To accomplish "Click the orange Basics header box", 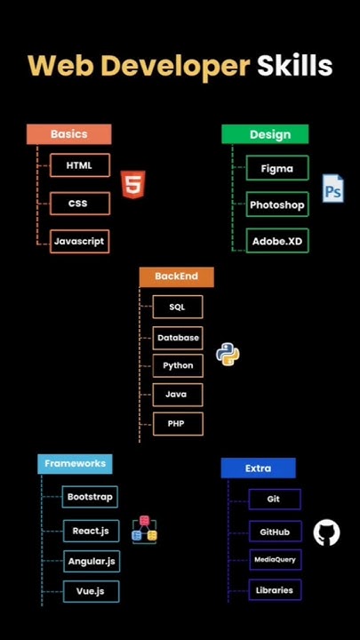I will (x=68, y=134).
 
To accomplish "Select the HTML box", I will (x=79, y=165).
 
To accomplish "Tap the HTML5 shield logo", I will (x=132, y=184).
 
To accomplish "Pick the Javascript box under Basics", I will (x=79, y=241).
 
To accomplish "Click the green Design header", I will (x=265, y=134).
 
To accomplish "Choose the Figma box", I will (x=276, y=168).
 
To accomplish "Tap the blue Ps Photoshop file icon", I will (x=332, y=189).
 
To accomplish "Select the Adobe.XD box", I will (x=276, y=241).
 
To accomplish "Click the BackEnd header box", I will (x=176, y=276).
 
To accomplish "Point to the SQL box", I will (x=177, y=307).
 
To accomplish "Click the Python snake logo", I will (x=228, y=355).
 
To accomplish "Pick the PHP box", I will (x=177, y=424).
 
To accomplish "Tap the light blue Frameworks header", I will (x=75, y=463).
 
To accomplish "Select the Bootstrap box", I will (x=91, y=497).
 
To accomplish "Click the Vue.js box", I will (x=91, y=591).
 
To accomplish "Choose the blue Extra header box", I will (x=258, y=468).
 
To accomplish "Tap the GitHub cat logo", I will (x=326, y=533).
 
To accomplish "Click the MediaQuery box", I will (x=274, y=560).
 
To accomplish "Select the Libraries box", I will (x=274, y=590).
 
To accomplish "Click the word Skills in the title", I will (x=294, y=65).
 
